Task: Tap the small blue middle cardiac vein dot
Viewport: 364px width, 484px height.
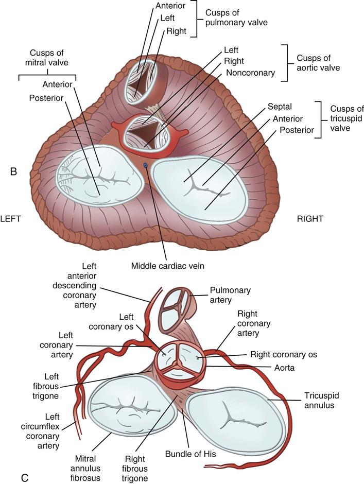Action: [145, 165]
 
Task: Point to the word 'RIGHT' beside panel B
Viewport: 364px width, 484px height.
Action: [310, 218]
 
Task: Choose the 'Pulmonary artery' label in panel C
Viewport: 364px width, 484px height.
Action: [230, 295]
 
